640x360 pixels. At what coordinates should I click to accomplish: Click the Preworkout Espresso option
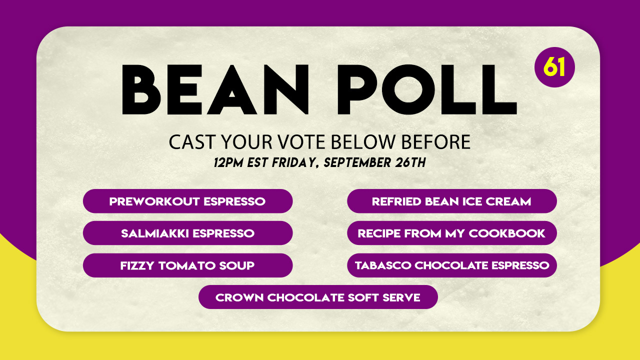pyautogui.click(x=187, y=201)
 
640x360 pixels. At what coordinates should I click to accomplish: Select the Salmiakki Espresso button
pyautogui.click(x=187, y=233)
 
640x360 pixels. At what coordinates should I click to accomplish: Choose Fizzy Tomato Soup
pyautogui.click(x=187, y=265)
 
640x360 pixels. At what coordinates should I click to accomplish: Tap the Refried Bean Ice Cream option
pyautogui.click(x=451, y=201)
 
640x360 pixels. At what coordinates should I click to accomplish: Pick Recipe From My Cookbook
pyautogui.click(x=451, y=233)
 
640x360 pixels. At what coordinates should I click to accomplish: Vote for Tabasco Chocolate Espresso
pyautogui.click(x=451, y=265)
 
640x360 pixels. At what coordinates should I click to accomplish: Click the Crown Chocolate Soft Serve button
pyautogui.click(x=318, y=297)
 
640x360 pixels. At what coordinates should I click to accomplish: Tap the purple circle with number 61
pyautogui.click(x=554, y=67)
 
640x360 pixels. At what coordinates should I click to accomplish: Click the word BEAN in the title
pyautogui.click(x=215, y=89)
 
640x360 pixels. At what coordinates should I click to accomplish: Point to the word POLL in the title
pyautogui.click(x=427, y=89)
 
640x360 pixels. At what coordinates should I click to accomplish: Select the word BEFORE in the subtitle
pyautogui.click(x=436, y=142)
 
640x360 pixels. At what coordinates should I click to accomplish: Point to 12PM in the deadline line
pyautogui.click(x=228, y=162)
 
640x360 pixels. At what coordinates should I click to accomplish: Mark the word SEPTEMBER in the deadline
pyautogui.click(x=357, y=162)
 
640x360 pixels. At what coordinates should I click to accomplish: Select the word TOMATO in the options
pyautogui.click(x=187, y=265)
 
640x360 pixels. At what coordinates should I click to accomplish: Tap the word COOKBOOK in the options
pyautogui.click(x=507, y=233)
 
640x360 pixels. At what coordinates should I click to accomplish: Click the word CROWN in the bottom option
pyautogui.click(x=239, y=297)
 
